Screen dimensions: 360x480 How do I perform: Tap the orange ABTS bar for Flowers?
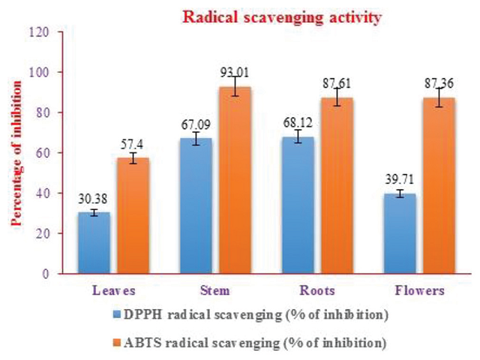(x=441, y=186)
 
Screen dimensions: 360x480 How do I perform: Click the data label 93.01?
(x=234, y=72)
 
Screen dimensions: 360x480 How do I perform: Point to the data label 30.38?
(x=94, y=199)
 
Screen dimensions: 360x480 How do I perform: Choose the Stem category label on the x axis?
(x=217, y=290)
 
